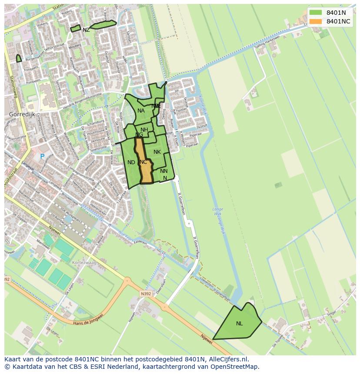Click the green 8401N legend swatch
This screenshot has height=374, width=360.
316,13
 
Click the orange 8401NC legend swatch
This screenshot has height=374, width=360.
316,21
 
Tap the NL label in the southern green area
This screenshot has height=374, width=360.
240,324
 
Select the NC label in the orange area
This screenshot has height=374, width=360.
143,162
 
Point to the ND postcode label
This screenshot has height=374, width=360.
131,162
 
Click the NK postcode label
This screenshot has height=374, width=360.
157,152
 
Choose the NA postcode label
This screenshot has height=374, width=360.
141,111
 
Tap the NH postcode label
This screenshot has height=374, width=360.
144,130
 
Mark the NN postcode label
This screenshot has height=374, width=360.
163,171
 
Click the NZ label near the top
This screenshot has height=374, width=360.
86,30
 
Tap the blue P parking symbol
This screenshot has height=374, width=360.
42,156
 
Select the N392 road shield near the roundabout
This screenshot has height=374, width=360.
146,294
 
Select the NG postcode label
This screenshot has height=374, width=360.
139,135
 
